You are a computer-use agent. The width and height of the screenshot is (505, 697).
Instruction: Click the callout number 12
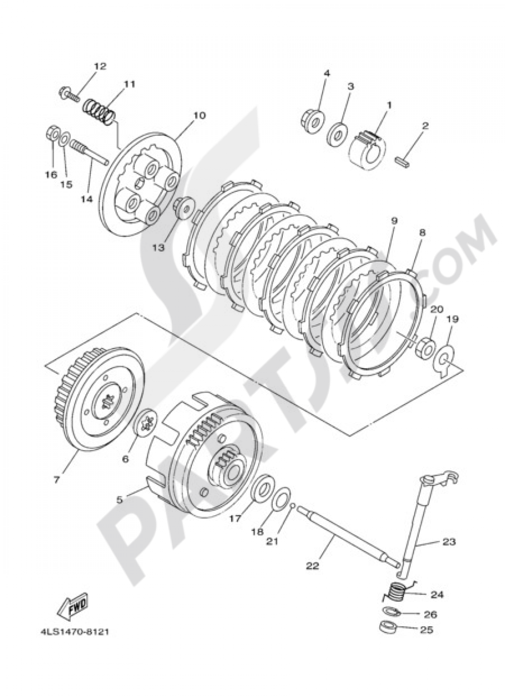[x=99, y=66]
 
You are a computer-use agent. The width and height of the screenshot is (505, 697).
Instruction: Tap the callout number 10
[x=198, y=115]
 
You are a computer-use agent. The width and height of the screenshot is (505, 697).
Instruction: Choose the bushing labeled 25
[x=388, y=629]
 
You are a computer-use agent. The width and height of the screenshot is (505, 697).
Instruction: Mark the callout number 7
[x=56, y=480]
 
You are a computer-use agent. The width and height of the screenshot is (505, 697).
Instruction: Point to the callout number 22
[x=312, y=566]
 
